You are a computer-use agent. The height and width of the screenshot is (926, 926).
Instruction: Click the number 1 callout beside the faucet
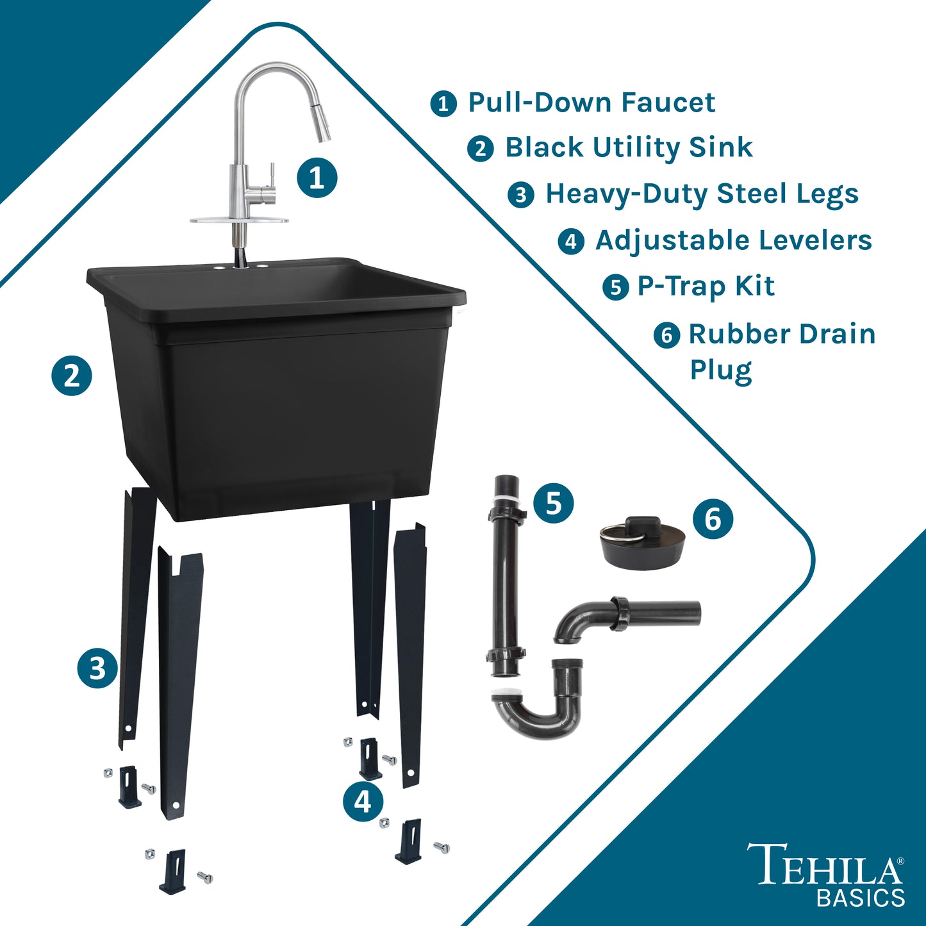point(317,178)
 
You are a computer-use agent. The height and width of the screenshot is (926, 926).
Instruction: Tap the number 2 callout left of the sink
point(72,376)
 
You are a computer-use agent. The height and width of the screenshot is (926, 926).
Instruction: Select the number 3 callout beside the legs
point(97,668)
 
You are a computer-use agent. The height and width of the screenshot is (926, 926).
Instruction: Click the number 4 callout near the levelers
point(363,801)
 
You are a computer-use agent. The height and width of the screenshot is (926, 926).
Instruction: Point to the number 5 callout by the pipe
point(553,503)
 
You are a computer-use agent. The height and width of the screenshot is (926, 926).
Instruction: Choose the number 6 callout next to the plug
point(713,519)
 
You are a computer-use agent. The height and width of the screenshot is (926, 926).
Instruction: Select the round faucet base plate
point(239,220)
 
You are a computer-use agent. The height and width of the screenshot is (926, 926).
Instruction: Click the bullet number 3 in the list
point(521,195)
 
